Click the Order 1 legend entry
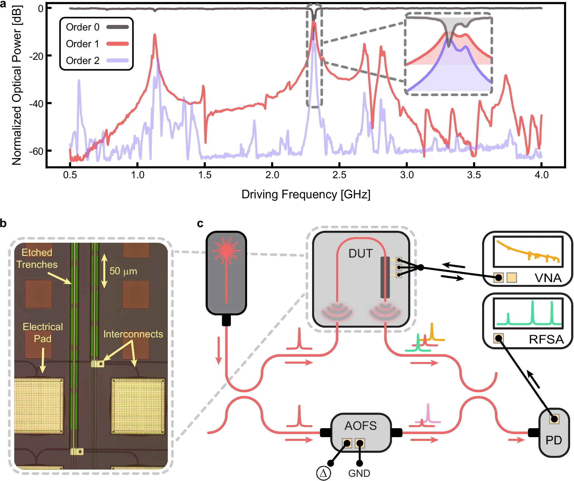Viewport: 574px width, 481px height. click(x=83, y=44)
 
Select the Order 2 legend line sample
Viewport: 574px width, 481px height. click(x=118, y=61)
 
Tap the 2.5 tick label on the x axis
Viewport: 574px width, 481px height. click(x=339, y=175)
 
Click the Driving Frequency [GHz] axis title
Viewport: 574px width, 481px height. click(x=306, y=194)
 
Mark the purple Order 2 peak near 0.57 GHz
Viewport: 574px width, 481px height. click(x=79, y=81)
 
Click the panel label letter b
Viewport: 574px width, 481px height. click(x=3, y=223)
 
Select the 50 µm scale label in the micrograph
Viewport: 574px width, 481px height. click(x=123, y=271)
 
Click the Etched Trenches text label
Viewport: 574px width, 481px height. click(x=37, y=258)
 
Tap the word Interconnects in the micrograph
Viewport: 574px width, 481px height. click(x=133, y=334)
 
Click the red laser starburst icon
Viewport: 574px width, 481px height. click(x=226, y=250)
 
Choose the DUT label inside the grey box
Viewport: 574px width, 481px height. click(x=360, y=253)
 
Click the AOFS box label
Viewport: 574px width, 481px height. click(x=360, y=426)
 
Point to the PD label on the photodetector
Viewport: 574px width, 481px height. click(x=553, y=440)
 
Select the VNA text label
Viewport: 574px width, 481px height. click(x=548, y=278)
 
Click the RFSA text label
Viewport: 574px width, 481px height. click(x=546, y=339)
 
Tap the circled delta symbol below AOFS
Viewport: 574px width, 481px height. click(x=323, y=473)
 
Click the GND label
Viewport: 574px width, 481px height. click(x=359, y=473)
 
